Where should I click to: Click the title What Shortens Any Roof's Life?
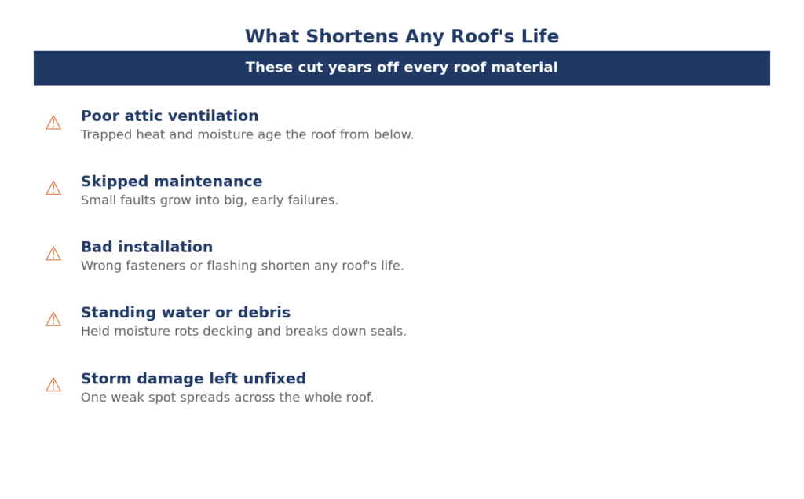point(402,36)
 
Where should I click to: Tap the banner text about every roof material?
point(401,68)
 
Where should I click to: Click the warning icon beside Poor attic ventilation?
point(53,123)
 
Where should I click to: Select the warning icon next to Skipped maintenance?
point(53,189)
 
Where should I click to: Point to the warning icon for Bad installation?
point(53,254)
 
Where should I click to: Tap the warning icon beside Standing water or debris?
point(53,319)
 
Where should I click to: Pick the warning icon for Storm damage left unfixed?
point(53,385)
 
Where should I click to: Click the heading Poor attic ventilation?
point(170,116)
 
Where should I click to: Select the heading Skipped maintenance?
point(172,182)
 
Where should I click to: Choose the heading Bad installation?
point(147,247)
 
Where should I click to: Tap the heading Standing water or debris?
point(185,313)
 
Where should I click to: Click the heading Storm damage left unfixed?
point(193,379)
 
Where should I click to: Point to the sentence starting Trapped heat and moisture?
point(247,134)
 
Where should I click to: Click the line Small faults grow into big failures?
point(210,200)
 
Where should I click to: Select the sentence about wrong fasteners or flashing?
point(243,266)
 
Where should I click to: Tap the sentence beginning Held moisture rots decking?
point(243,332)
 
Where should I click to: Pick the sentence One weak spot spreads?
point(227,398)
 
